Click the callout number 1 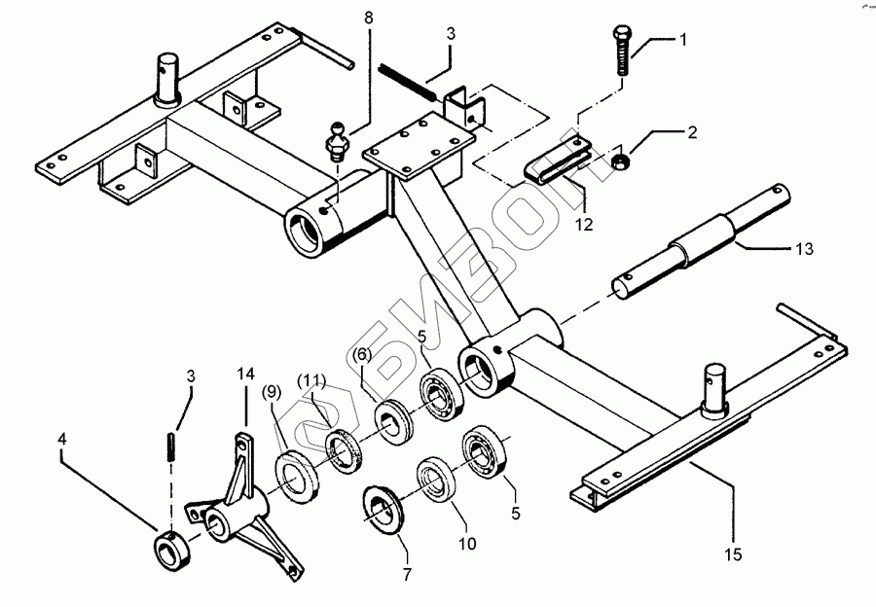point(682,40)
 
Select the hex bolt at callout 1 point(622,50)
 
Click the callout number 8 point(368,18)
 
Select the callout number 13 point(804,248)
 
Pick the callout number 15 point(733,554)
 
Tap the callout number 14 point(246,374)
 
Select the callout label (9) point(272,392)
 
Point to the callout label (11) point(311,381)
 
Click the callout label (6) point(362,355)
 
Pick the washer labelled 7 point(383,510)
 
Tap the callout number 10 point(467,543)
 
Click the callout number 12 point(584,225)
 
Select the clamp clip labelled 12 point(558,161)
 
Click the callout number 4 point(61,439)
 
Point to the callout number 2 point(692,132)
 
